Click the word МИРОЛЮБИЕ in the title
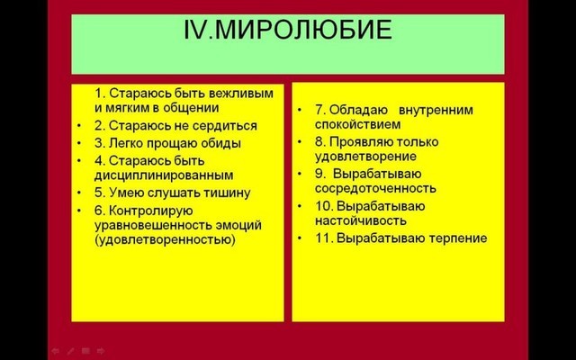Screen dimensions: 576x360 click(x=303, y=30)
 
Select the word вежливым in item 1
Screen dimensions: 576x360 click(x=241, y=94)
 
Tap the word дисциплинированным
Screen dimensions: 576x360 click(x=164, y=175)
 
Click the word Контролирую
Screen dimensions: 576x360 click(x=151, y=211)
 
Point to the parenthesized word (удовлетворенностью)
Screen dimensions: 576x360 click(x=165, y=240)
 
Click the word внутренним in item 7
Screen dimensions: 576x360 click(x=436, y=110)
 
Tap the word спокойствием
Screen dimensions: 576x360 click(x=358, y=124)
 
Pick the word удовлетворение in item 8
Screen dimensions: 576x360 click(x=366, y=157)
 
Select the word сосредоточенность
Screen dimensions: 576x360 click(x=375, y=188)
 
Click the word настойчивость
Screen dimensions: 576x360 click(x=361, y=220)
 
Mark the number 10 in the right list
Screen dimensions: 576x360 click(x=324, y=206)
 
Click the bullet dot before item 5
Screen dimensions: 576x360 click(x=79, y=193)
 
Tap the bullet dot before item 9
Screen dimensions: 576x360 click(x=300, y=174)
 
